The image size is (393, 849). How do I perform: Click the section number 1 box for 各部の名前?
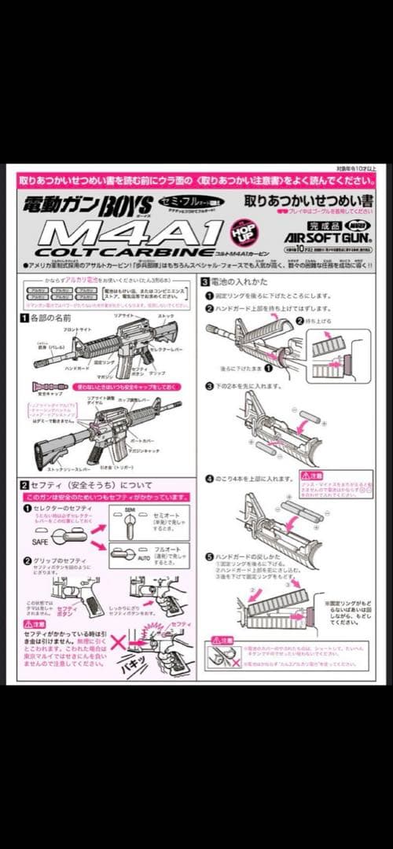click(x=24, y=317)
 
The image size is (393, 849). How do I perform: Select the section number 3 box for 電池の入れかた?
click(x=205, y=281)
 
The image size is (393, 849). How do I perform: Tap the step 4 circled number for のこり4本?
click(x=209, y=478)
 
